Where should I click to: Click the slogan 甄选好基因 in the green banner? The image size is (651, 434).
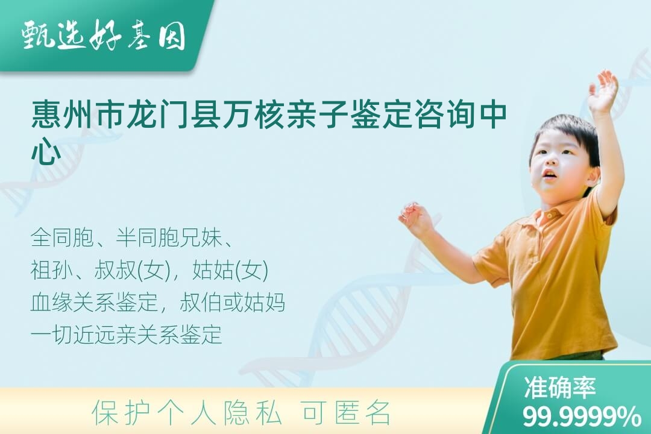click(x=104, y=36)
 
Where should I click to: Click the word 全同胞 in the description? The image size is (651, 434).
click(x=63, y=238)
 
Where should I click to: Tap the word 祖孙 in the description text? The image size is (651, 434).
click(x=52, y=271)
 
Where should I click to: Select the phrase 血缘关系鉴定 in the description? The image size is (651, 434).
click(x=94, y=303)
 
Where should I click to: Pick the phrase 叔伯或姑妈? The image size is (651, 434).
click(x=233, y=303)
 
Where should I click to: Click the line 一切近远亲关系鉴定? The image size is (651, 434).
click(x=126, y=335)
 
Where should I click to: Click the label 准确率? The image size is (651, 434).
click(x=559, y=388)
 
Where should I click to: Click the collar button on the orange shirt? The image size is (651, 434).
click(x=549, y=215)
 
